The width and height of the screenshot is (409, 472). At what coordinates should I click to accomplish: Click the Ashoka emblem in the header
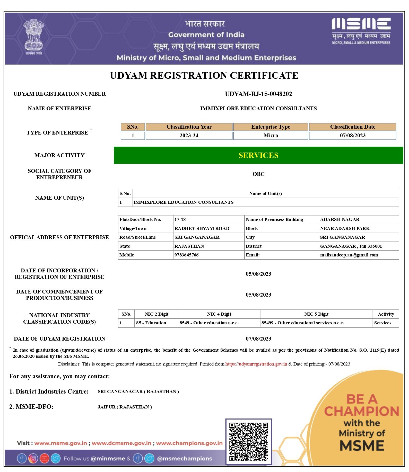point(34,36)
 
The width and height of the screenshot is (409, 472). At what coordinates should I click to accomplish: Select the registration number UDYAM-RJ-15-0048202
point(258,94)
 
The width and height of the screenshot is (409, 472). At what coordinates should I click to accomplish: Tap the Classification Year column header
point(189,127)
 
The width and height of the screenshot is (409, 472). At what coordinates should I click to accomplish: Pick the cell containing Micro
point(271,136)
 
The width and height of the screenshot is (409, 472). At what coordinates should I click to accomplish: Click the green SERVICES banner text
point(258,155)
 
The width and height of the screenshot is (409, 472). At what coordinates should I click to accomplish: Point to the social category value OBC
point(258,174)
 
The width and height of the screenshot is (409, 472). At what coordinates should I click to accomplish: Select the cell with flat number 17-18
point(180,219)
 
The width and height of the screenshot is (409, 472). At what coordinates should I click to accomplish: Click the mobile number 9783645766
point(186,255)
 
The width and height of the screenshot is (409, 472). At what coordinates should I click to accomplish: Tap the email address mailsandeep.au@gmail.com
point(349,255)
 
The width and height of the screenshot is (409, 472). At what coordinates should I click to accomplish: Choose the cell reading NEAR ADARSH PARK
point(345,228)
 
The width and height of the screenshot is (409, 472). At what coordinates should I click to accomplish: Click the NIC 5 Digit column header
point(316,314)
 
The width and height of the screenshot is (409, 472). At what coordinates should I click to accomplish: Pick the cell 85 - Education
point(151,323)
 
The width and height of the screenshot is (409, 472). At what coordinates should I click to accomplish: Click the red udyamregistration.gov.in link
point(256,364)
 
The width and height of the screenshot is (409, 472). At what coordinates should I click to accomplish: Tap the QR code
point(248,442)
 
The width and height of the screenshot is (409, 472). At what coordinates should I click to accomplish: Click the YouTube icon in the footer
point(44,458)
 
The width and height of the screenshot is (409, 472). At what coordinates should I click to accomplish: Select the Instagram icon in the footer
point(33,458)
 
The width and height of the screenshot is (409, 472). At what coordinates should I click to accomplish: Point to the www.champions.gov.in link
point(189,443)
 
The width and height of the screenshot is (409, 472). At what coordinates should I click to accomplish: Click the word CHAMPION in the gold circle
point(361,411)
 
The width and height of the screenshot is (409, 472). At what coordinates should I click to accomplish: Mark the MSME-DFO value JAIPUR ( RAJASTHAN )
point(125,407)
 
